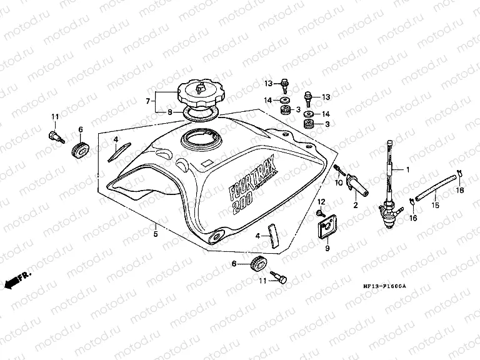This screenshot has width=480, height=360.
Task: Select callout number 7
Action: click(148, 100)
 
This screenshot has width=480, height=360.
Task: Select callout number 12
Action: click(321, 201)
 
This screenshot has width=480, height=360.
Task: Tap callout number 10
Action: click(340, 184)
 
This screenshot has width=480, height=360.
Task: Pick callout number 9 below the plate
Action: click(326, 248)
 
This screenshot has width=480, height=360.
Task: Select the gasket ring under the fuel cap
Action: click(199, 114)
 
